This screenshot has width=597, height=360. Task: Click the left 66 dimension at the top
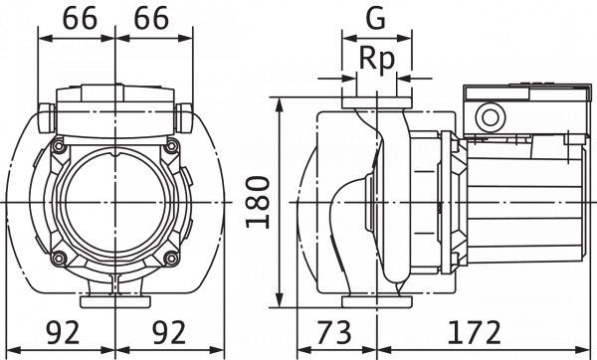coord(78,19)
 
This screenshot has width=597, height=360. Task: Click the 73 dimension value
coord(334,331)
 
